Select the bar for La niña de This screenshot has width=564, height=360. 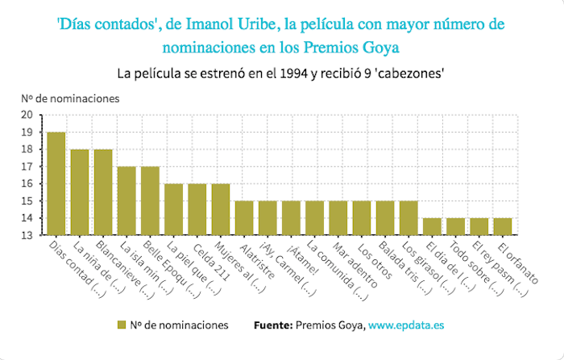pyautogui.click(x=79, y=192)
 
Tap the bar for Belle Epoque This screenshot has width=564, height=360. pyautogui.click(x=150, y=201)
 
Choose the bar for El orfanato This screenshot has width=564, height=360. pyautogui.click(x=503, y=226)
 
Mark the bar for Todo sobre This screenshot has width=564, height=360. pyautogui.click(x=456, y=226)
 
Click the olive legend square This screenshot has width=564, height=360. pyautogui.click(x=122, y=325)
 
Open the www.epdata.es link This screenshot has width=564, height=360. pyautogui.click(x=408, y=325)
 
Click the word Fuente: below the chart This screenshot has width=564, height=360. pyautogui.click(x=272, y=325)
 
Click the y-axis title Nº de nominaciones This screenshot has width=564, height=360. pyautogui.click(x=70, y=98)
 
